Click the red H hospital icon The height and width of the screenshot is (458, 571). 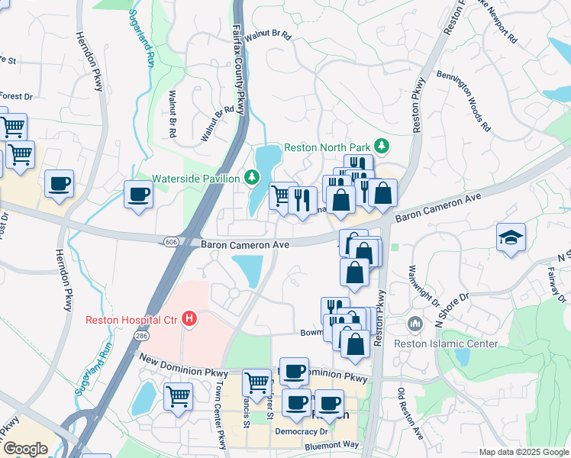click(190, 319)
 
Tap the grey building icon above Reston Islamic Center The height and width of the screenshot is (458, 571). click(415, 324)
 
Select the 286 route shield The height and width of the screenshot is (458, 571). click(142, 335)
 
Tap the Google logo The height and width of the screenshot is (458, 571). click(25, 448)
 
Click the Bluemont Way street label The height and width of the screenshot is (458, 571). click(331, 444)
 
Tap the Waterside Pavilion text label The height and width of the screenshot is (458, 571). click(197, 178)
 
